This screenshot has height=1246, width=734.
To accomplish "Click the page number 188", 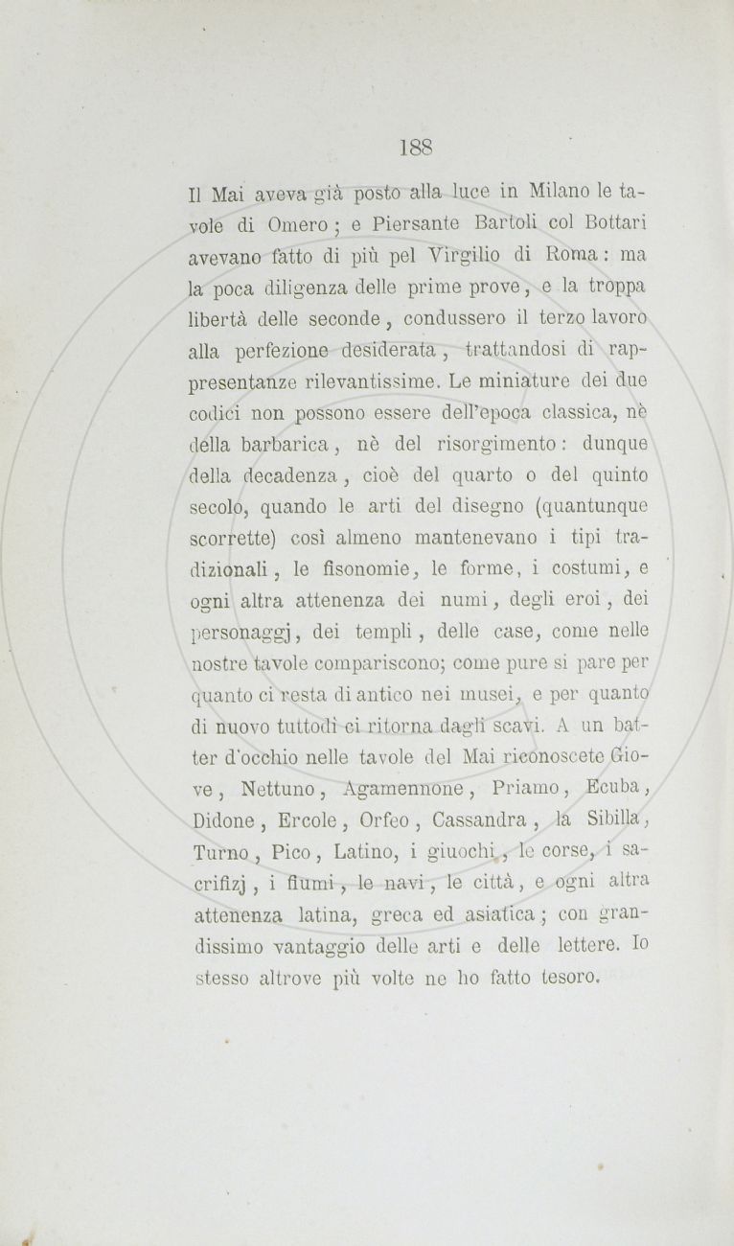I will [417, 147].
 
